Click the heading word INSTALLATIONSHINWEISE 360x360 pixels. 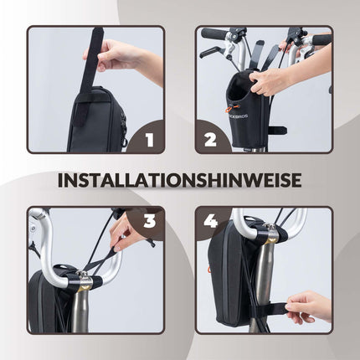point(180,179)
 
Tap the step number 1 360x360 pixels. point(150,139)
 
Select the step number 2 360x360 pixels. point(210,139)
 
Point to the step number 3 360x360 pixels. point(150,221)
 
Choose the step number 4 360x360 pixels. point(210,222)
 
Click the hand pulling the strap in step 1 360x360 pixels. point(117,56)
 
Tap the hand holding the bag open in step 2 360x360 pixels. point(272,81)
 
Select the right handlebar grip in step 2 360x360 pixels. point(321,39)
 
